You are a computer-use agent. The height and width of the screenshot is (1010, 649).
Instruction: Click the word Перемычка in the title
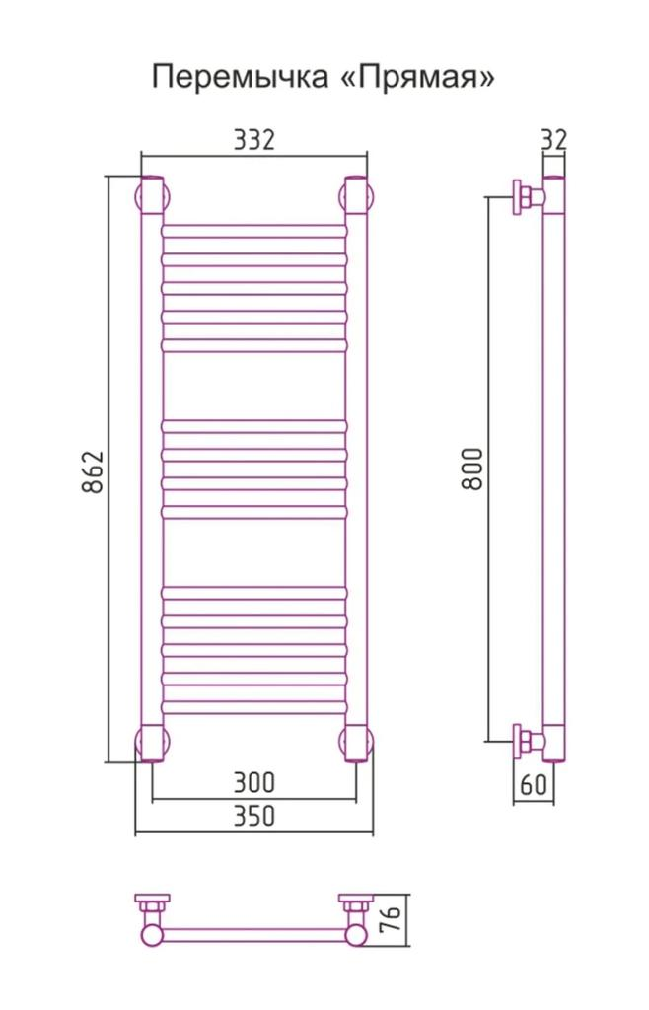(240, 78)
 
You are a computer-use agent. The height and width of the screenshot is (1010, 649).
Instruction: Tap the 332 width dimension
(253, 140)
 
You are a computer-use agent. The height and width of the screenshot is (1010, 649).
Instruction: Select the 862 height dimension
(93, 472)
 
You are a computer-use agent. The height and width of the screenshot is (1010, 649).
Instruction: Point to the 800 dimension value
(473, 469)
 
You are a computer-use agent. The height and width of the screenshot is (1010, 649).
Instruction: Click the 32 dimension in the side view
(553, 140)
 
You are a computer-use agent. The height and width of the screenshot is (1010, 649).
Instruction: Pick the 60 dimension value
(533, 784)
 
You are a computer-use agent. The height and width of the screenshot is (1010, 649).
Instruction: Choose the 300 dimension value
(253, 782)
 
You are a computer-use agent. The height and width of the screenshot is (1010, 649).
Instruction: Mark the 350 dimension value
(253, 816)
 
